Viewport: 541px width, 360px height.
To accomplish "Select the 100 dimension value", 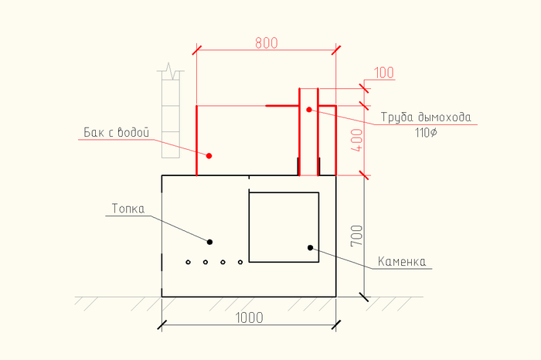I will [384, 73].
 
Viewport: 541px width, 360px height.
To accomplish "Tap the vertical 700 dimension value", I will [356, 236].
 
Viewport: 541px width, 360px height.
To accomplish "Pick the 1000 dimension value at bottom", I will [249, 318].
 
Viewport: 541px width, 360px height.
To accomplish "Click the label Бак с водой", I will [116, 132].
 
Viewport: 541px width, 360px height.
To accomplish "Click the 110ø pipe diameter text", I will [426, 133].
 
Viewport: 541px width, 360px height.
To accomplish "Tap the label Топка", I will [128, 209].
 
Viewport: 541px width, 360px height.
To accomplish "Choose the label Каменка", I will [402, 262].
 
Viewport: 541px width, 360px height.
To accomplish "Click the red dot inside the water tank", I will [209, 155].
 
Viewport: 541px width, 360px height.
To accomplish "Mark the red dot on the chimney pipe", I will [308, 110].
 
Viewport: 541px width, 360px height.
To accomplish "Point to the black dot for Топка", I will [209, 242].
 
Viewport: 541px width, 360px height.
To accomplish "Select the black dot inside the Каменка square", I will [310, 247].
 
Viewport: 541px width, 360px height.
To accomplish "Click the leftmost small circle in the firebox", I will [189, 263].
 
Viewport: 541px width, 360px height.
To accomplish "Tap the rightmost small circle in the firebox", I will [240, 263].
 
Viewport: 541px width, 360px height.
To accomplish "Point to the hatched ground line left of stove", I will [116, 301].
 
